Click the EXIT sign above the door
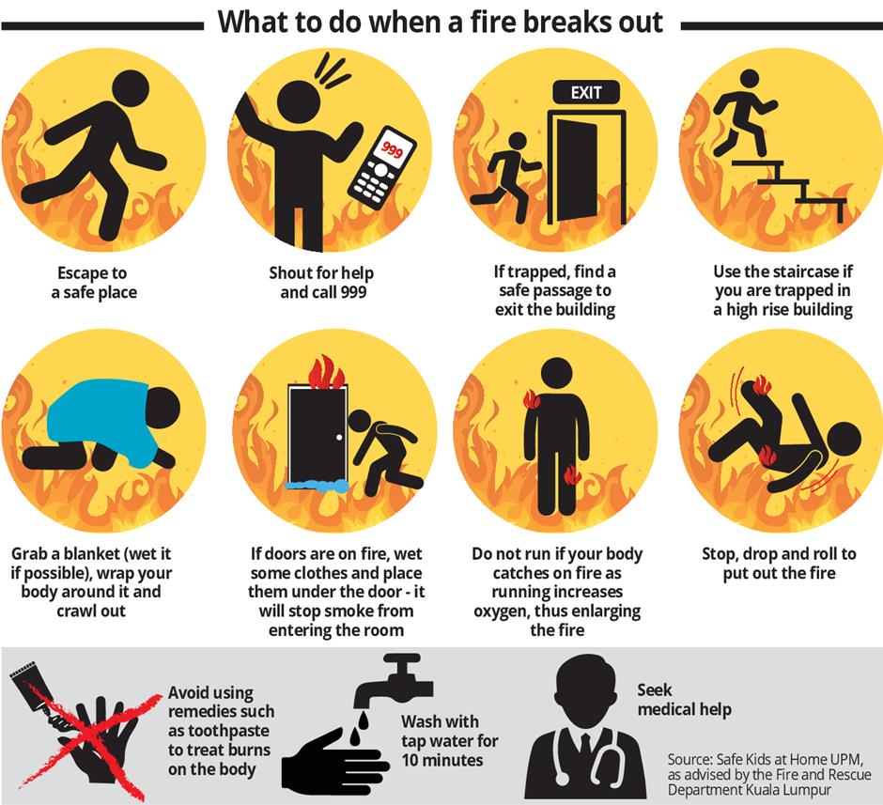click(x=586, y=92)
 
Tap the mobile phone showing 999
click(x=382, y=168)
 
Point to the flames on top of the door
click(x=325, y=373)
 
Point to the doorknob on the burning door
click(x=339, y=437)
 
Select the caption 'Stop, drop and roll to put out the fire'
click(x=779, y=564)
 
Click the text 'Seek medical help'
click(x=684, y=700)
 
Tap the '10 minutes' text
click(x=442, y=760)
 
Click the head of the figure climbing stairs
click(x=750, y=79)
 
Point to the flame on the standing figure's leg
click(x=572, y=474)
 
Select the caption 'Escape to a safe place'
click(x=94, y=283)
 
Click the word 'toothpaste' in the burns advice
click(x=219, y=731)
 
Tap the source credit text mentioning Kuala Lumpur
click(x=769, y=774)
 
